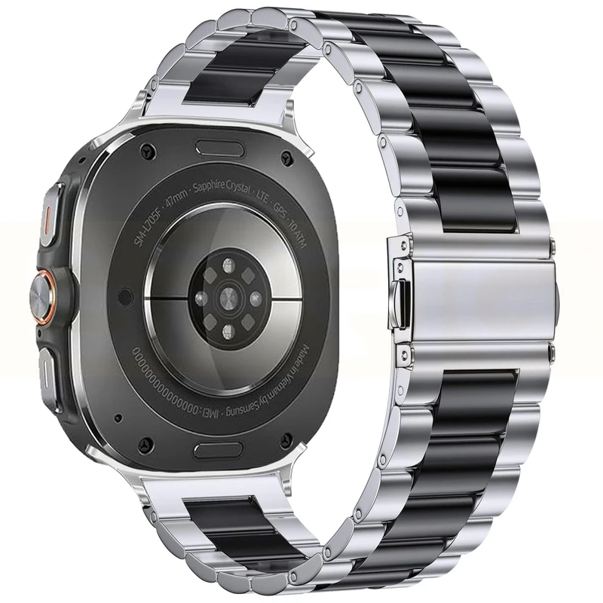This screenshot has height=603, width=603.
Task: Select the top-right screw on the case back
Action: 286,158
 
